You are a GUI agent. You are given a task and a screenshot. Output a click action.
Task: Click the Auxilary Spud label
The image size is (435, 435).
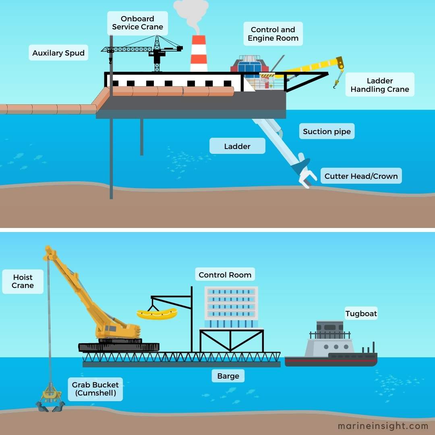coord(58,53)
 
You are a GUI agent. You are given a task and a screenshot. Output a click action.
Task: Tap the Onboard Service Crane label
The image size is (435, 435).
coord(138,23)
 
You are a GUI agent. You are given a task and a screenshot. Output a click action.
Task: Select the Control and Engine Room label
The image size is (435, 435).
coord(273,34)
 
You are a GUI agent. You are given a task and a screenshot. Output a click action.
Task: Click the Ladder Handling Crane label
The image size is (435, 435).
coord(379,85)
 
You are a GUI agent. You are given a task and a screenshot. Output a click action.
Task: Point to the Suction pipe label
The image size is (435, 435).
coord(327,131)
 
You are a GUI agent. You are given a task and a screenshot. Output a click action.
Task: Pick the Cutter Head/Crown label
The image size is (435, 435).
coord(361,176)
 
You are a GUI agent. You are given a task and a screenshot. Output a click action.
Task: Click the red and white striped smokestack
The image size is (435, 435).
coord(199,54)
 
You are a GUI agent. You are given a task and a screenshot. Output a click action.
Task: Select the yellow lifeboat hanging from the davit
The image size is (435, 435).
coord(157,314)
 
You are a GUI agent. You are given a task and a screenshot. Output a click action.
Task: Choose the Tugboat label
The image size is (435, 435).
coord(361,313)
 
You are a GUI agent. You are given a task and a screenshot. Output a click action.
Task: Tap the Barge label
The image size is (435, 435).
coord(228,376)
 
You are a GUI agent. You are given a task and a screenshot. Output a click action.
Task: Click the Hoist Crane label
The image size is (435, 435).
coord(23,281)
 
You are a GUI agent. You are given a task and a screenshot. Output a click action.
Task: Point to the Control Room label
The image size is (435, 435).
coord(225,275)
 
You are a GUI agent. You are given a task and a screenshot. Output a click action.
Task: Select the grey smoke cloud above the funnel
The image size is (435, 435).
coord(191,12)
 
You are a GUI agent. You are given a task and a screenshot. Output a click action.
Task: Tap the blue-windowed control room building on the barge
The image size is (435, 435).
coord(231,306)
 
